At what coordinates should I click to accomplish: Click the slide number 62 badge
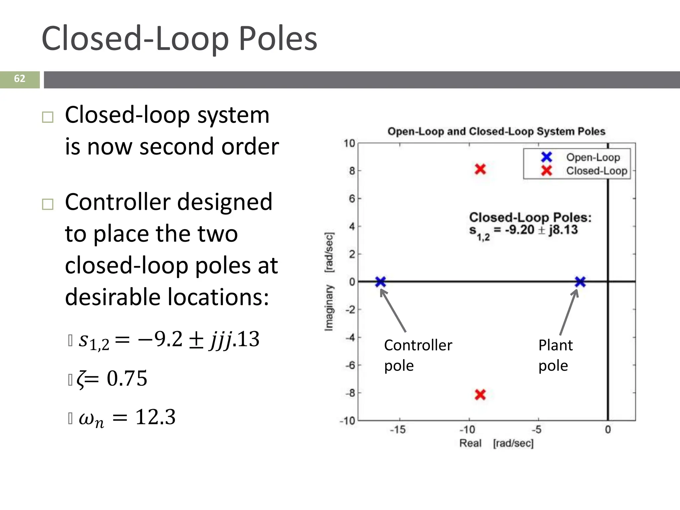(x=20, y=79)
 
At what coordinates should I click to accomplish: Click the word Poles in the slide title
(x=278, y=39)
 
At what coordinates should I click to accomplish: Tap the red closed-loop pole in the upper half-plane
(x=480, y=169)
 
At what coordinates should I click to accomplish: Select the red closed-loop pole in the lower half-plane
(x=480, y=394)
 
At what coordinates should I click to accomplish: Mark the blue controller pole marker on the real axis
(x=381, y=282)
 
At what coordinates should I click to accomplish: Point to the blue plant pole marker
(x=580, y=282)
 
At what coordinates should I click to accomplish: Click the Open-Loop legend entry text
(x=593, y=157)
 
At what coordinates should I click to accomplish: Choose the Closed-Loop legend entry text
(x=597, y=171)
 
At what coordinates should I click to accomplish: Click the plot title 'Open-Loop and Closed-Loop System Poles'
(x=496, y=131)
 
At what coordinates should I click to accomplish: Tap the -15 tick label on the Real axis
(x=398, y=430)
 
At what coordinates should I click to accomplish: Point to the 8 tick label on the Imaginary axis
(x=352, y=171)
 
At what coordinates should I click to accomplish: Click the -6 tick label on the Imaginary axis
(x=350, y=365)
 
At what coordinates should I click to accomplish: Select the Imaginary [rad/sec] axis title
(x=329, y=282)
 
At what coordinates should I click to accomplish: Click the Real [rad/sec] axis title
(x=496, y=443)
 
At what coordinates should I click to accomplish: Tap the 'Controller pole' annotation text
(x=418, y=355)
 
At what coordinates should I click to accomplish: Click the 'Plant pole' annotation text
(x=555, y=355)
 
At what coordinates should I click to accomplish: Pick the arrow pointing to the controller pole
(x=393, y=310)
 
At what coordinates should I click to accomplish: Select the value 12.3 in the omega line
(x=155, y=417)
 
